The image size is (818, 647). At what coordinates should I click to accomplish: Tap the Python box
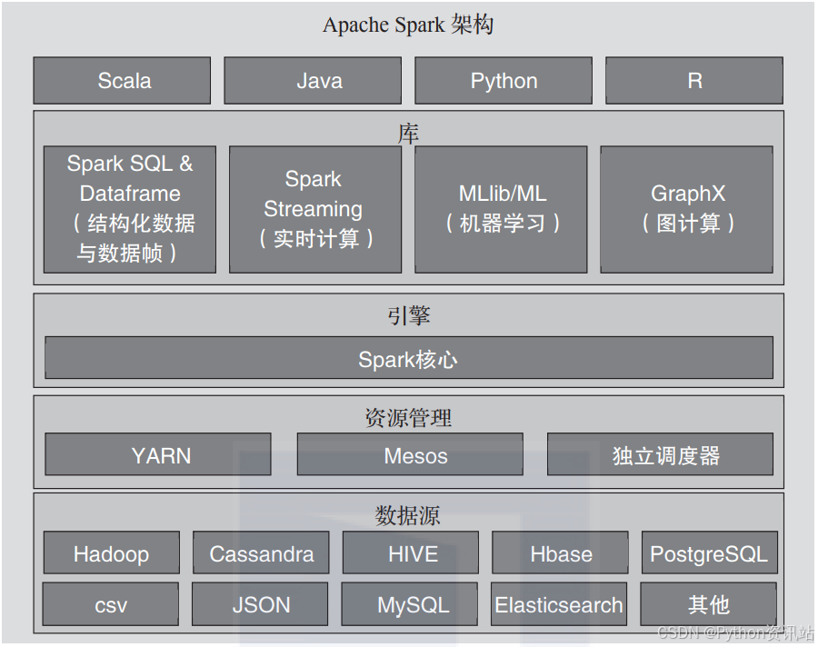pos(504,81)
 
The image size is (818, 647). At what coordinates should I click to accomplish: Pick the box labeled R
pos(694,81)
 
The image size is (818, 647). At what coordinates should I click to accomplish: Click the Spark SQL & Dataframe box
pos(130,209)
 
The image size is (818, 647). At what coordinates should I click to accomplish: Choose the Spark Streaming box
pos(314,209)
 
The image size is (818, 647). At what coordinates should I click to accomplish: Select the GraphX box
pos(687,209)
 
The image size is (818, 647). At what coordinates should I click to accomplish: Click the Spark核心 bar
pos(408,358)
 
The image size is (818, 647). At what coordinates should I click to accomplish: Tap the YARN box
pos(158,454)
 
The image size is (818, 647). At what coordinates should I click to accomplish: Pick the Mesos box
pos(410,454)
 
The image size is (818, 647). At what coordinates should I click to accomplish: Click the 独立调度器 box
pos(660,454)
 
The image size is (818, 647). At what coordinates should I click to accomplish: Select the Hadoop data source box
pos(111,553)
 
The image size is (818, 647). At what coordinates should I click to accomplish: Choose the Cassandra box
pos(261,553)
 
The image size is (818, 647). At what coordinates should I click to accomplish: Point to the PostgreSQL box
pos(709,553)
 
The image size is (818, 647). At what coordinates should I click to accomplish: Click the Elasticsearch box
pos(559,604)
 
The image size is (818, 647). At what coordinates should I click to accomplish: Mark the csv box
pos(111,604)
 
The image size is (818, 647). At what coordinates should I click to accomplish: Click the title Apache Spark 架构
pos(408,25)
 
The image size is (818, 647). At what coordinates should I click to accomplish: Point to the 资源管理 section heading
pos(408,417)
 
